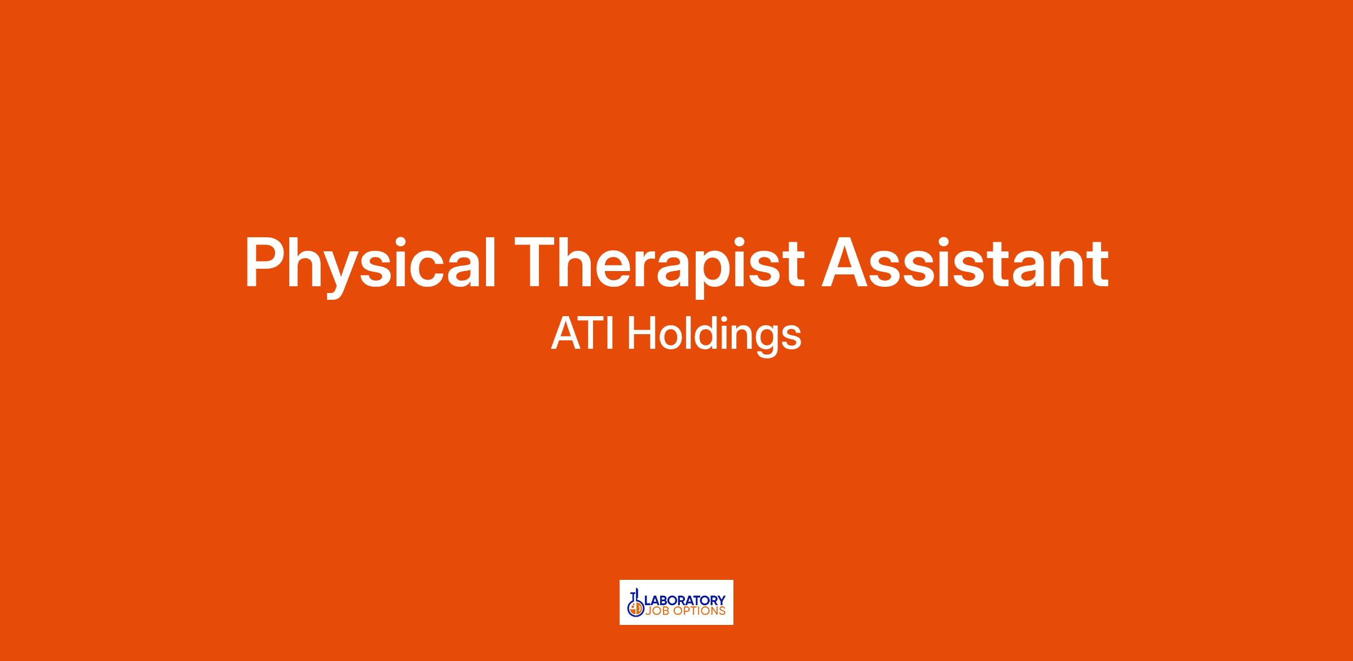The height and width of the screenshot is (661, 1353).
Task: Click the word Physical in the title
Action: coord(370,264)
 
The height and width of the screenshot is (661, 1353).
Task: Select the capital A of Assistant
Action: coord(846,262)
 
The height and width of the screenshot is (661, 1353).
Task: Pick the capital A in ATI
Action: coord(567,333)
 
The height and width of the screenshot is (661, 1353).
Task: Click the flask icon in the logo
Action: coord(636,605)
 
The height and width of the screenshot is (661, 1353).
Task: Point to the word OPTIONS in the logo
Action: coord(698,611)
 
